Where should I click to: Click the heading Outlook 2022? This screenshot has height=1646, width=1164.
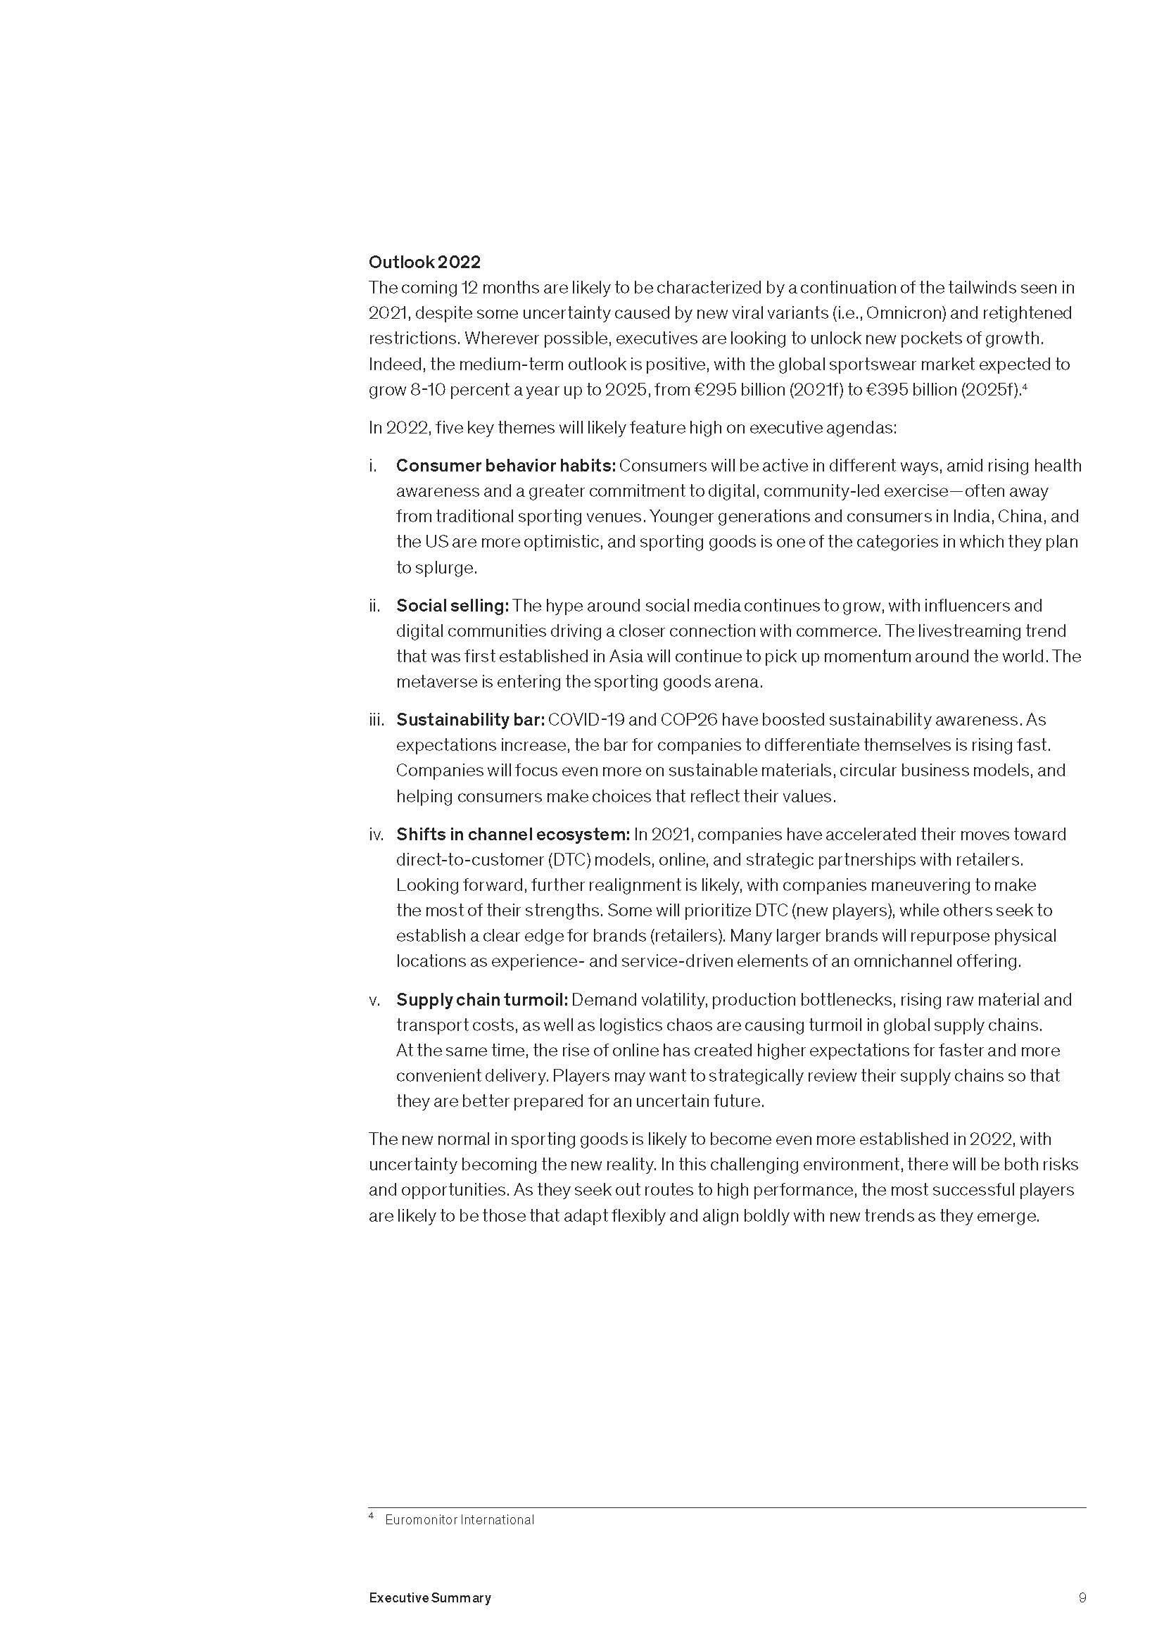click(x=424, y=262)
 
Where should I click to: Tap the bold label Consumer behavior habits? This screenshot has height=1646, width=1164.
click(x=505, y=466)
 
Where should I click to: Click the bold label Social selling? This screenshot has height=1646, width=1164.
click(x=453, y=606)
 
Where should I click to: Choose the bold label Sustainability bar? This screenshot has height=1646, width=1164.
click(x=470, y=720)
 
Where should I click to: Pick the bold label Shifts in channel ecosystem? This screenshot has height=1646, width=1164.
click(x=512, y=835)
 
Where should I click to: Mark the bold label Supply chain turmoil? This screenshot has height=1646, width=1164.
click(x=481, y=1000)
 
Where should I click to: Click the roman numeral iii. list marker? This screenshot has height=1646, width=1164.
click(x=377, y=720)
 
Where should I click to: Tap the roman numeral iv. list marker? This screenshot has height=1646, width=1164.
click(x=377, y=835)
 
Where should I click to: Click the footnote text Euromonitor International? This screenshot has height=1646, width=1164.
click(x=459, y=1520)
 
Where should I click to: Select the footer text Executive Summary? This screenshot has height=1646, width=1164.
click(x=430, y=1598)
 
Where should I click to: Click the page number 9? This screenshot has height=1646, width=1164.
click(x=1082, y=1598)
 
